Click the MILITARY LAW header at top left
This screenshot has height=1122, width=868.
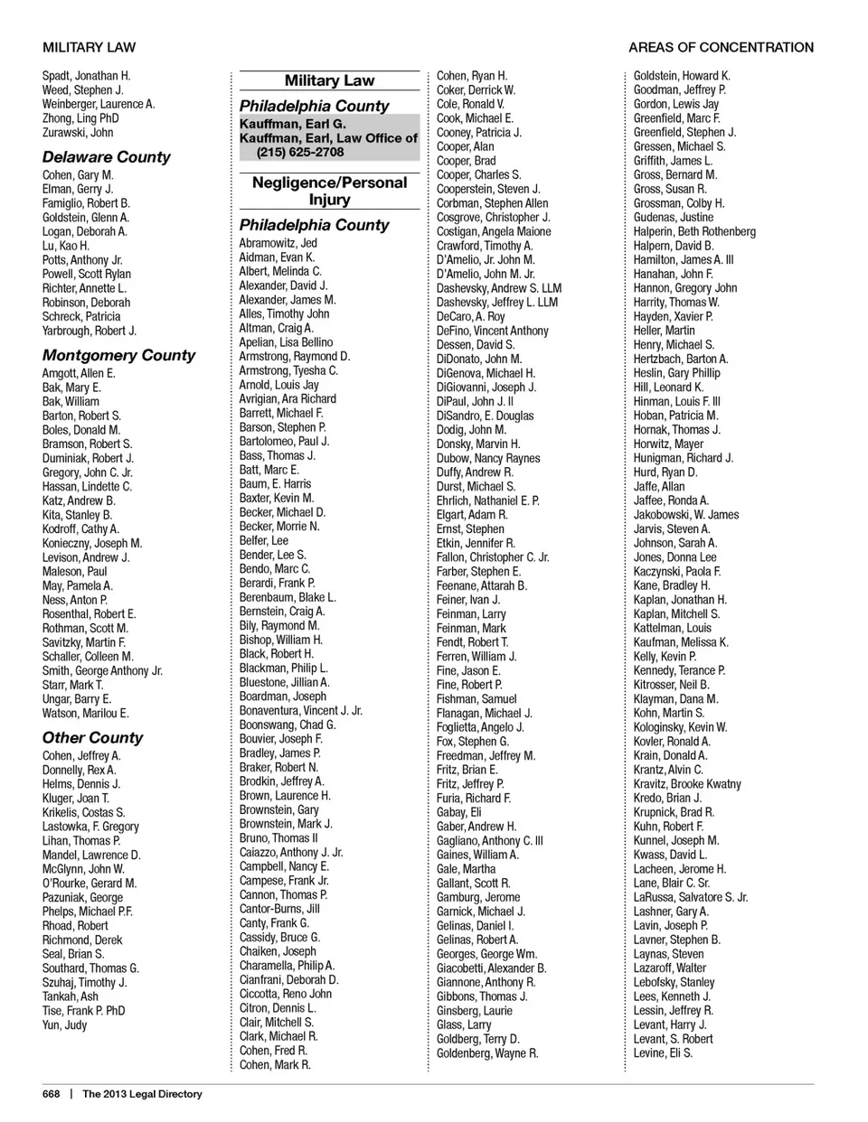click(x=89, y=47)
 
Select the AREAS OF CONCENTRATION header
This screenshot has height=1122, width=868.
click(x=721, y=47)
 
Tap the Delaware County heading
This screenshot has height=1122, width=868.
click(x=106, y=156)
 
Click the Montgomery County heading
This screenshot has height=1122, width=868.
click(x=118, y=355)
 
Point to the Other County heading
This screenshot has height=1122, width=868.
click(x=92, y=737)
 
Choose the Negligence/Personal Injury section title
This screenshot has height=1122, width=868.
click(x=329, y=191)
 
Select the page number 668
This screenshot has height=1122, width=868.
click(x=52, y=1094)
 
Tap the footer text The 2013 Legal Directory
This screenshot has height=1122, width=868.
click(x=142, y=1094)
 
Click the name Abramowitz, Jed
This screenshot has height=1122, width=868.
click(x=278, y=243)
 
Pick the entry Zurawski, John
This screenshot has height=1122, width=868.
click(x=78, y=133)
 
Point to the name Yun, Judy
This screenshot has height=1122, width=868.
click(x=65, y=1025)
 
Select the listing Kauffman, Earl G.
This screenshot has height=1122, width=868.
click(x=292, y=124)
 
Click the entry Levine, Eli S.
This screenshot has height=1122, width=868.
click(x=663, y=1053)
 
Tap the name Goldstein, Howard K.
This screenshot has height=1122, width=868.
click(x=682, y=76)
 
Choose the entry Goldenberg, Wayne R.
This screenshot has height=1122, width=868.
click(x=487, y=1053)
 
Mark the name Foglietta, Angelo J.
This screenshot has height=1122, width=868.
click(x=480, y=727)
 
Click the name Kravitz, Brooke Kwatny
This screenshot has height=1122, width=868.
click(x=687, y=784)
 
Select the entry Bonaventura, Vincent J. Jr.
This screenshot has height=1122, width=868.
click(x=301, y=711)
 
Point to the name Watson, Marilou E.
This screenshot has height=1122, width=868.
click(x=86, y=714)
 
